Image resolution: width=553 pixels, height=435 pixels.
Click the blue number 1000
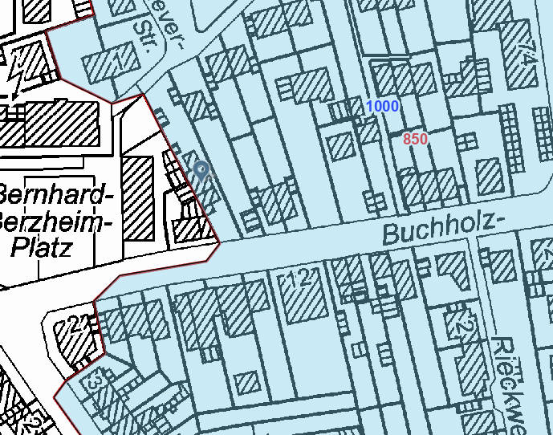pyautogui.click(x=382, y=107)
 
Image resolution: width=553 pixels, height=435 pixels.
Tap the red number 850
pyautogui.click(x=415, y=139)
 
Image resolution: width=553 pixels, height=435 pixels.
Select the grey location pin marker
pyautogui.click(x=201, y=170)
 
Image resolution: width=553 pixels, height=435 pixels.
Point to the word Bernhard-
pyautogui.click(x=51, y=195)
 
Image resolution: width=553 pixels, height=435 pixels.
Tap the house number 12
pyautogui.click(x=299, y=279)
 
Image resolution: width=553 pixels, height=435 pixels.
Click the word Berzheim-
pyautogui.click(x=51, y=220)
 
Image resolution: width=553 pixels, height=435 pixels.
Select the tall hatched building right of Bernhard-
pyautogui.click(x=137, y=197)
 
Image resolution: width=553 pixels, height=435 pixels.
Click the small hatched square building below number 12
pyautogui.click(x=247, y=381)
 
